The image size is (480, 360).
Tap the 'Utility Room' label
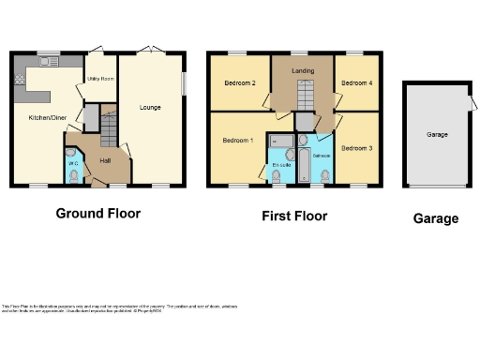coord(99,80)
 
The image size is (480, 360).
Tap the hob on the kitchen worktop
coord(18,82)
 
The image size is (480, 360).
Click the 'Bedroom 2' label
coord(240,83)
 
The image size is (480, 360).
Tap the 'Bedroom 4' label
coord(356,83)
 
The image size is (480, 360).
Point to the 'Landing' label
coord(302,70)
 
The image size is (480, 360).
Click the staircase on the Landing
coord(302,95)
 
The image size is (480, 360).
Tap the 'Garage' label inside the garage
coord(437,135)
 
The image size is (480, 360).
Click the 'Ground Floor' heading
coord(98,214)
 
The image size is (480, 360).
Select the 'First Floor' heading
coord(294,216)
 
